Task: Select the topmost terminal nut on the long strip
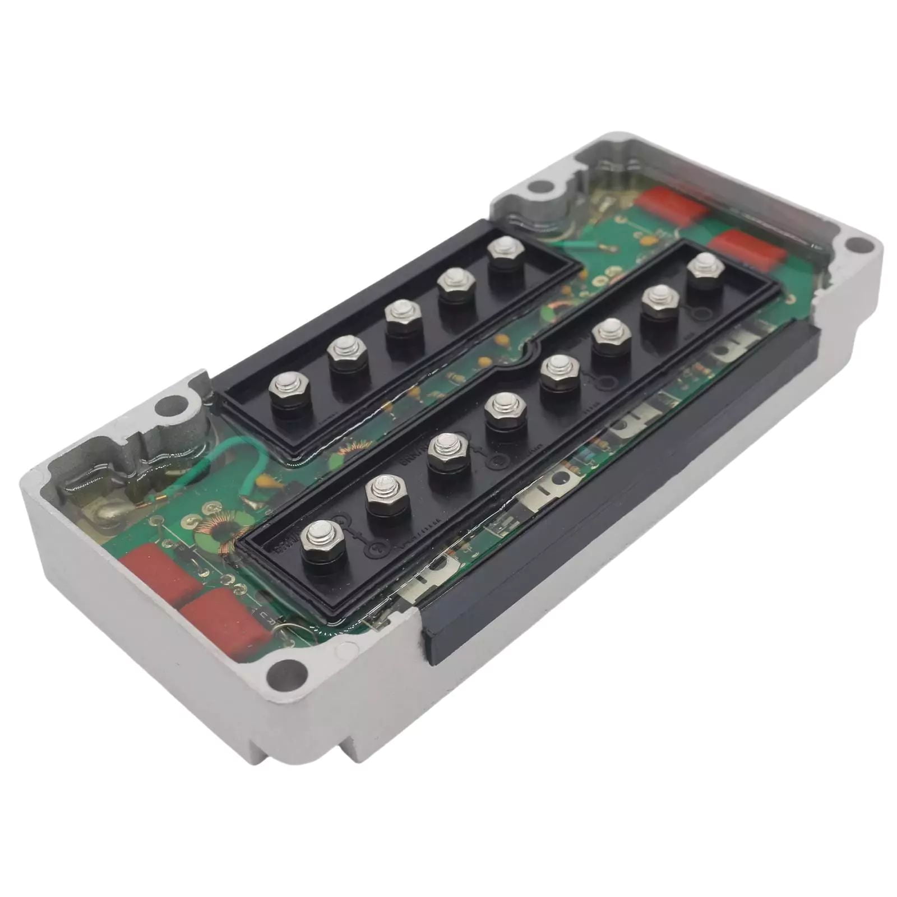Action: point(705,268)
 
